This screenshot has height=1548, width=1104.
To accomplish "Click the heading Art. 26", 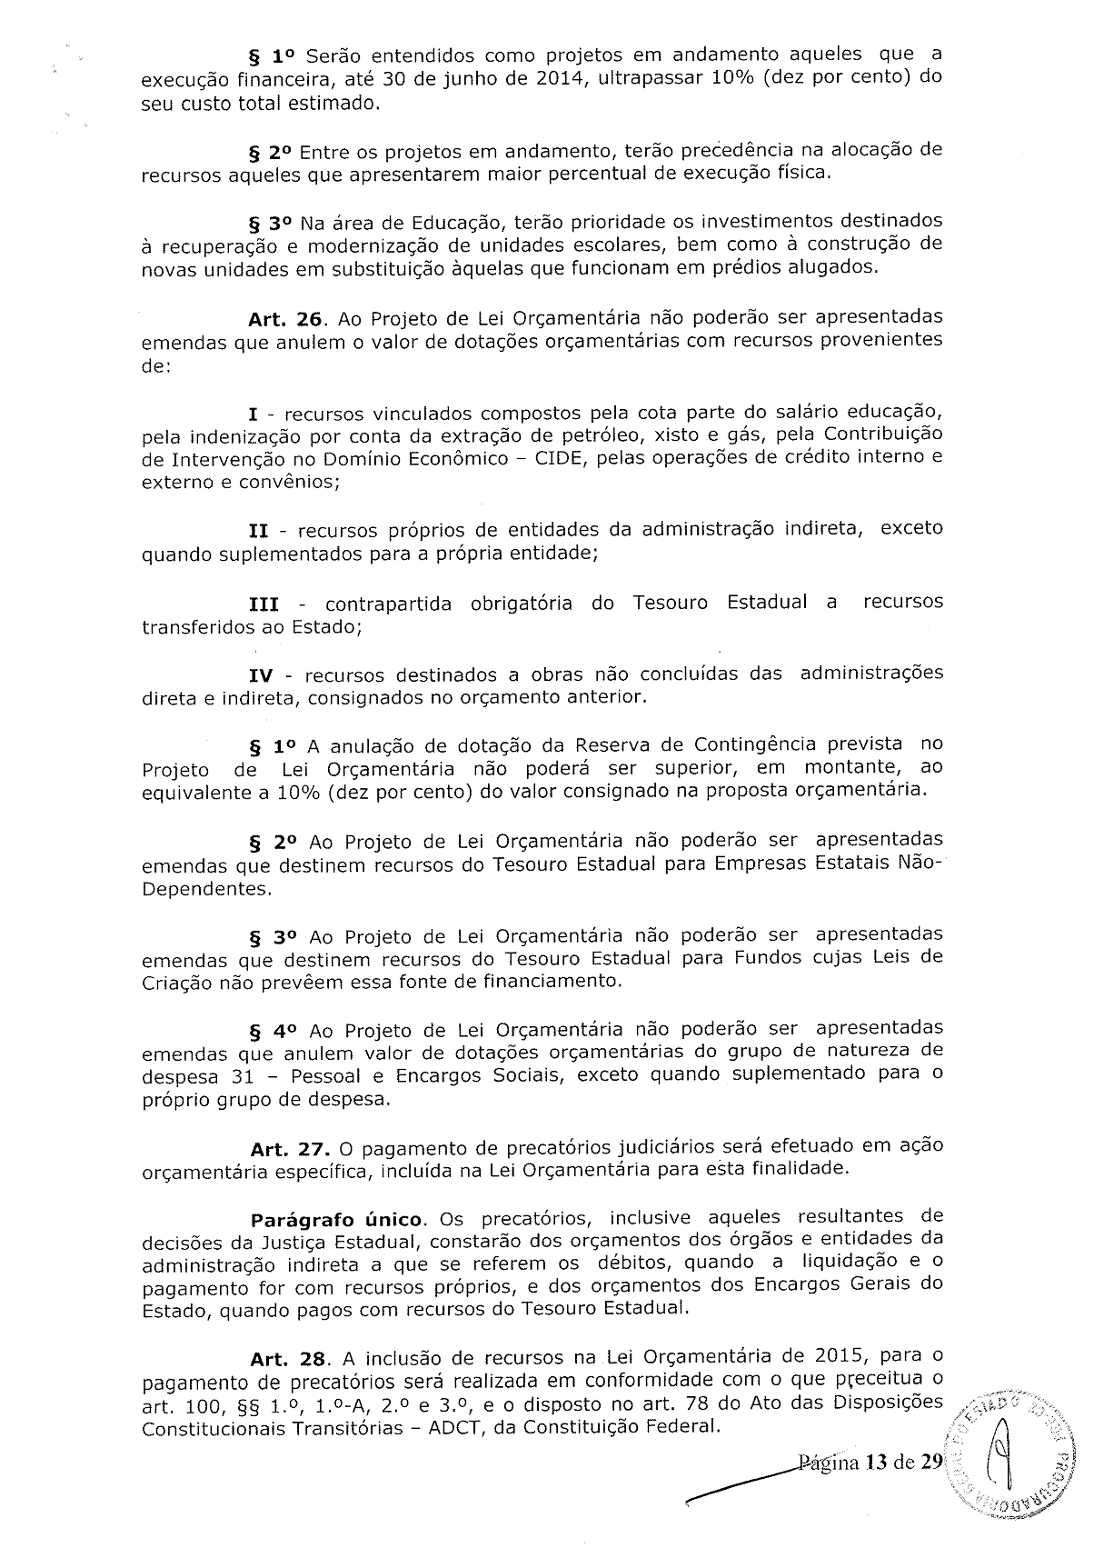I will (x=288, y=318).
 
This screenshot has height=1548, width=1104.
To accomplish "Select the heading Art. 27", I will (x=288, y=1148).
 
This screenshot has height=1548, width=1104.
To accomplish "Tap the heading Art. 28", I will (x=288, y=1359).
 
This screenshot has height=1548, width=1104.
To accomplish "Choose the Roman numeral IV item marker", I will (x=262, y=675).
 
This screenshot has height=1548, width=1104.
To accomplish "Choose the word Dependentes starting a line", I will (x=206, y=888).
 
